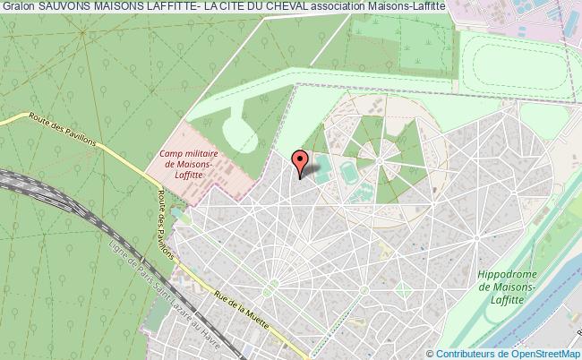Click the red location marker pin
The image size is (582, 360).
301,162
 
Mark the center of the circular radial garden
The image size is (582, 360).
386,161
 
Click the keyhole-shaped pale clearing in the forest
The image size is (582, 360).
235,125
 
